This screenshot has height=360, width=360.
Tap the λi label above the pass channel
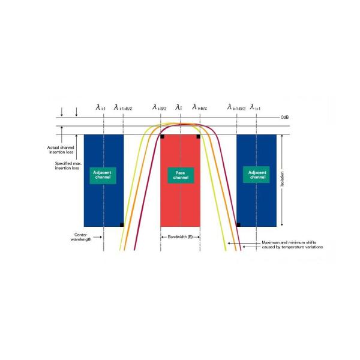point(178,107)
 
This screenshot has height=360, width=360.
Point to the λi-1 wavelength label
point(100,107)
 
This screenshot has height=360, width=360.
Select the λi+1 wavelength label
point(255,107)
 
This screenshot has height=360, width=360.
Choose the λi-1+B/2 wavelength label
point(123,107)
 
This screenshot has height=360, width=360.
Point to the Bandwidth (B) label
point(180,238)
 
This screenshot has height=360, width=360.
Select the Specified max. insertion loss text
point(63,166)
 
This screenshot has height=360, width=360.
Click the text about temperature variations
point(292,245)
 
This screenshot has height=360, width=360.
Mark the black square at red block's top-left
point(163,137)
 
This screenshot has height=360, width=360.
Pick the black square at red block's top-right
point(198,137)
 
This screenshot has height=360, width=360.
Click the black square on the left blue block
point(122,224)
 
